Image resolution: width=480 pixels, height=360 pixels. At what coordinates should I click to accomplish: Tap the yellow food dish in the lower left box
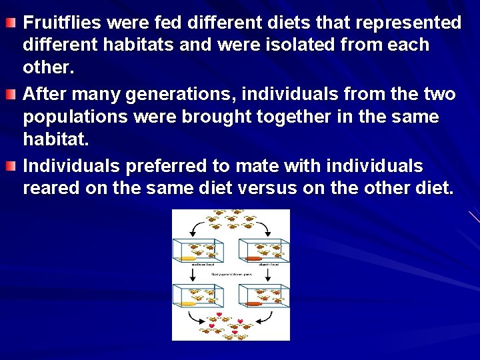(186, 303)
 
